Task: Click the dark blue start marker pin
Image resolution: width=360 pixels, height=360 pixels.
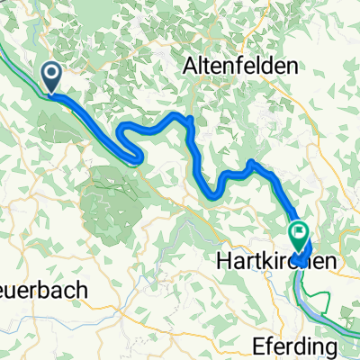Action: coord(52,77)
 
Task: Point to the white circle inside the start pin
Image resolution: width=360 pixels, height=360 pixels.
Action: coord(52,75)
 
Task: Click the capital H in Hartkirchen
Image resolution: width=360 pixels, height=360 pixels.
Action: coord(222,263)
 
